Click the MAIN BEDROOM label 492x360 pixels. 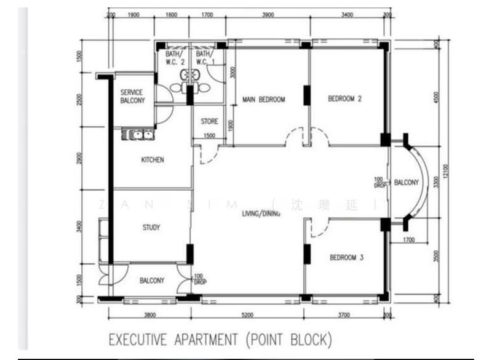click(263, 99)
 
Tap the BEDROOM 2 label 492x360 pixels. click(344, 98)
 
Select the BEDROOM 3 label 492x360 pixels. click(346, 258)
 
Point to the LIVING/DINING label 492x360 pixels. click(261, 214)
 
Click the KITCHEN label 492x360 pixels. click(153, 160)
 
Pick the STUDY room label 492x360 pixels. click(151, 228)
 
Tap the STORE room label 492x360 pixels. click(210, 122)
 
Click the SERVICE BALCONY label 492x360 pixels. click(132, 97)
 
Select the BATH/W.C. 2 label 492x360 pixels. click(175, 58)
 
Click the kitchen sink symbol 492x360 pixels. click(139, 134)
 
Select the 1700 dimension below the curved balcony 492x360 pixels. click(410, 240)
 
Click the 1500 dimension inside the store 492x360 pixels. click(210, 136)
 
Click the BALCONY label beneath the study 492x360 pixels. click(152, 281)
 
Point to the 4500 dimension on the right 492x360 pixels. click(436, 97)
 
